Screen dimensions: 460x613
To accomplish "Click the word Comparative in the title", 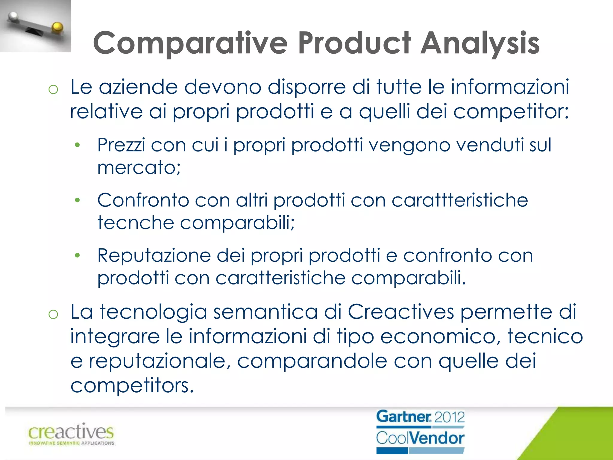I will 190,43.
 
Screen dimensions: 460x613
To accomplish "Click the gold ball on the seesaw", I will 57,27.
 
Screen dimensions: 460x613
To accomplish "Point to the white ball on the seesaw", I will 13,16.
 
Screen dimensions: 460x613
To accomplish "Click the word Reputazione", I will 154,256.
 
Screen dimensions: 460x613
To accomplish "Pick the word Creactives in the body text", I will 401,312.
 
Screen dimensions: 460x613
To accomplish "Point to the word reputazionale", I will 157,361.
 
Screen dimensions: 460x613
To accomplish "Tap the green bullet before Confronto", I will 78,200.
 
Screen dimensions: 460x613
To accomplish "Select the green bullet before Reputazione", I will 78,255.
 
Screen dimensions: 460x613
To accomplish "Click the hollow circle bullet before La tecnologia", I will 53,314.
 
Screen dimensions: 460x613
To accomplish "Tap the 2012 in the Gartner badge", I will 449,417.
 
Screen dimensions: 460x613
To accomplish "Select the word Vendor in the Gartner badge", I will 437,438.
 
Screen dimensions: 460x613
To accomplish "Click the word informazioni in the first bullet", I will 510,87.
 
